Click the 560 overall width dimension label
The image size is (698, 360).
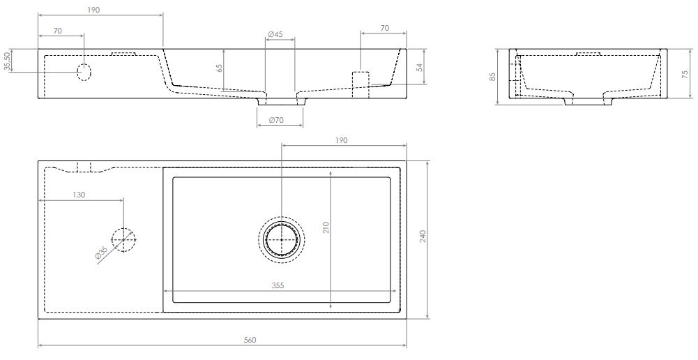250,340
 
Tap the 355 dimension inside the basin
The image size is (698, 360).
278,285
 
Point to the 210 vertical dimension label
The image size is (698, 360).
326,227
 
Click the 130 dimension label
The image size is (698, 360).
79,195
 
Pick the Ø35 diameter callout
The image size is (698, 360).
101,254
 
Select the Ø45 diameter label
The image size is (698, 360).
275,34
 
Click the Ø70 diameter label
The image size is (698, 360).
277,120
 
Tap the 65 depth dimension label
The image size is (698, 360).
219,68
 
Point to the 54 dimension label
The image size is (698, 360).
419,67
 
